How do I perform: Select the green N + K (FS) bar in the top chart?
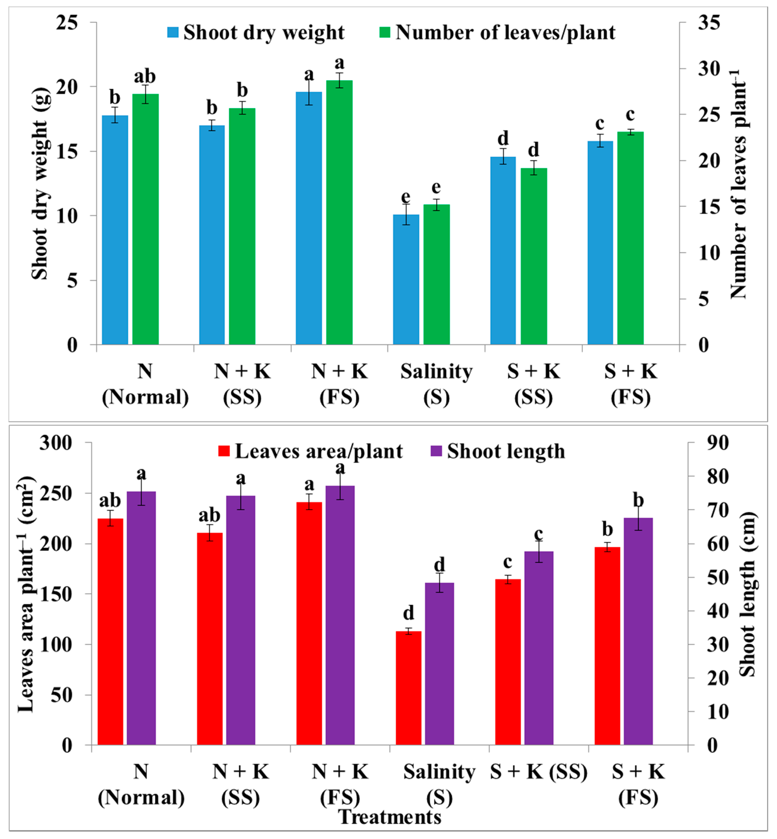339,212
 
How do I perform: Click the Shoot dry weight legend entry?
256,32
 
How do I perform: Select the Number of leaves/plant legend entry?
498,32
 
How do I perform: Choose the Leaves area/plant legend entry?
311,451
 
